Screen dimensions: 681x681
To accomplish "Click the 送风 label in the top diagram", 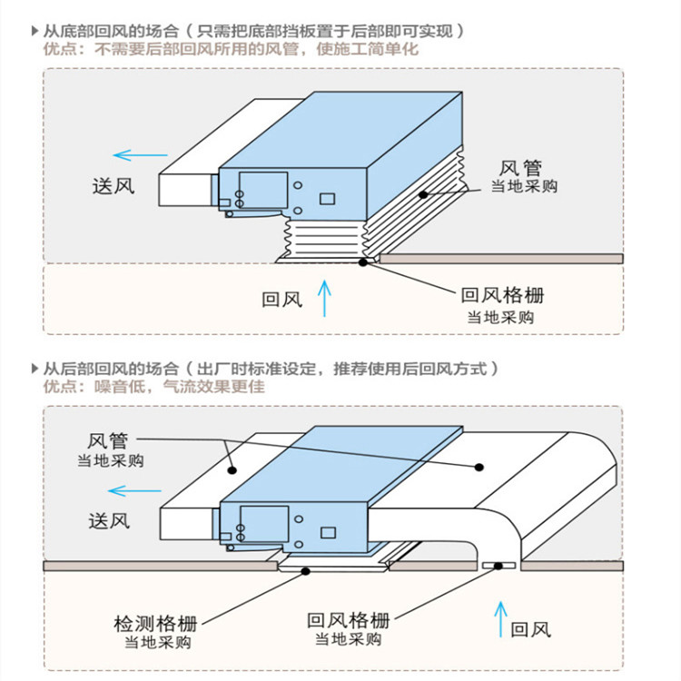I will (x=113, y=187).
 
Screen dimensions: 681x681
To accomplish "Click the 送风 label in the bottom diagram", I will (x=109, y=520).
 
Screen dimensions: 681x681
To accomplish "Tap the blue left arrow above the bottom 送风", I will (x=128, y=491).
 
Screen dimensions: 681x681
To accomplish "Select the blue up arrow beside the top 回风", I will (x=324, y=299).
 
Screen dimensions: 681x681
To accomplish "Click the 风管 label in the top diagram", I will (x=521, y=168).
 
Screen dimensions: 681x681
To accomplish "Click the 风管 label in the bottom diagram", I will (x=108, y=441).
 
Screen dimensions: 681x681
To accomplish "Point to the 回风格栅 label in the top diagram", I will (x=502, y=295).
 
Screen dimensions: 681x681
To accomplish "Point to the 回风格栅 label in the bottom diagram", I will (x=348, y=620).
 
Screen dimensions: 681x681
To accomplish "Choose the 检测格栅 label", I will (x=155, y=624).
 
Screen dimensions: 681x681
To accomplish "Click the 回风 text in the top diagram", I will (x=282, y=299).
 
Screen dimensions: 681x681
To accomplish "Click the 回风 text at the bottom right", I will (x=531, y=629).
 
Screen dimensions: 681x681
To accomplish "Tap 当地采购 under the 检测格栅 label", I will (x=157, y=643).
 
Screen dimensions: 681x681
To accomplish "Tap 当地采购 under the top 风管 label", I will (x=524, y=187).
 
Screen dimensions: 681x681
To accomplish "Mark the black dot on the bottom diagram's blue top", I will (x=479, y=468).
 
